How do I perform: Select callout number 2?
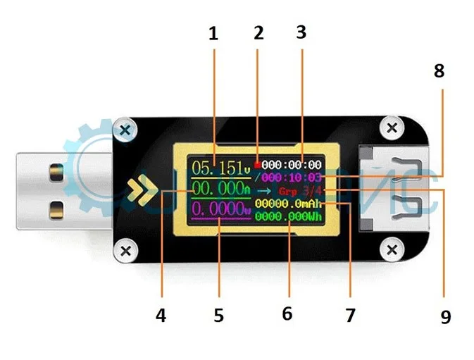(258, 33)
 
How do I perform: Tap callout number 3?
(301, 33)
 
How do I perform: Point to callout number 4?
(161, 316)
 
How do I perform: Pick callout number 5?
(219, 316)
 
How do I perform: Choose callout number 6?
(287, 314)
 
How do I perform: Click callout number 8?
(439, 73)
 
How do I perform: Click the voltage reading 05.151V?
(220, 168)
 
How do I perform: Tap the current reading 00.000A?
(220, 189)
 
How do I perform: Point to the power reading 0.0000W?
(220, 209)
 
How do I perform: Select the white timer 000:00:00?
(292, 163)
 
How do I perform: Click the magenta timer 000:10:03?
(292, 177)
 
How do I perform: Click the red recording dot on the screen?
(258, 161)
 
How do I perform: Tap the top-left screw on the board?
(125, 130)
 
